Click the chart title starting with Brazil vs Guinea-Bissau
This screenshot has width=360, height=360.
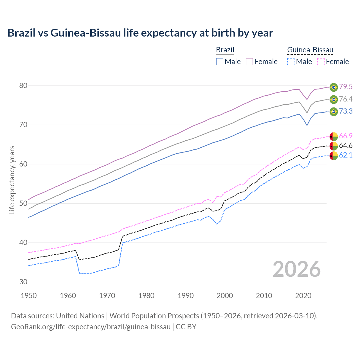[140, 33]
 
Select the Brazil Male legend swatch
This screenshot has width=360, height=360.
[220, 62]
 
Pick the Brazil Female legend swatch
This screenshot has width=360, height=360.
[249, 62]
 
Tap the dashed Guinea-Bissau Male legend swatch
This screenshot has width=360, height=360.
[291, 62]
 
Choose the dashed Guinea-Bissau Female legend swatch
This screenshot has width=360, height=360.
[321, 62]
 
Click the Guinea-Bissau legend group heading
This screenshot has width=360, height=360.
[310, 50]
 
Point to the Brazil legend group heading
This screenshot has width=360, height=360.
[225, 50]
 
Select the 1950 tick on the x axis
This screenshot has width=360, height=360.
[29, 296]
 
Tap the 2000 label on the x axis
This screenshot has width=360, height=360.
[225, 296]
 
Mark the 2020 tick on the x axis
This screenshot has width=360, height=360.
[303, 296]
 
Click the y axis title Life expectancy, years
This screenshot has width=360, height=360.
[12, 180]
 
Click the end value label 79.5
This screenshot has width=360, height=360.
[346, 87]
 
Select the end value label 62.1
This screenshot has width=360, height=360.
[346, 155]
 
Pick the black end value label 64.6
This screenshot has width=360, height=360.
[346, 146]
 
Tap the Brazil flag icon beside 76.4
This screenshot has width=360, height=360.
[334, 99]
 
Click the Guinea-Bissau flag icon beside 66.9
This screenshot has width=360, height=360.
[334, 136]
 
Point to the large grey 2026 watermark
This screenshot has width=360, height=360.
[296, 269]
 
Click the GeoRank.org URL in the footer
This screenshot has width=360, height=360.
[91, 327]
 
